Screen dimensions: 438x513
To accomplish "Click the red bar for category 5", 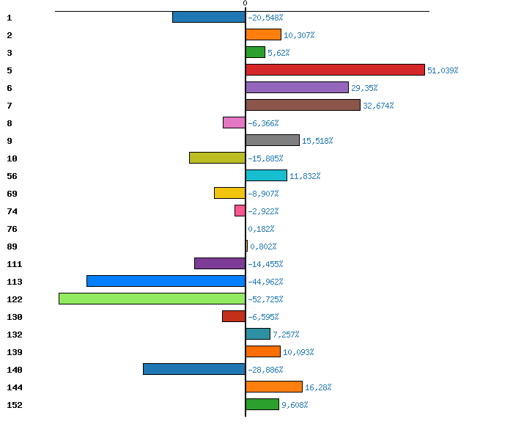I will point(335,70).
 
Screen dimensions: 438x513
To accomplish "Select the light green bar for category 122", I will point(152,299).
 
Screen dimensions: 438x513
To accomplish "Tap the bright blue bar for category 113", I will point(166,281).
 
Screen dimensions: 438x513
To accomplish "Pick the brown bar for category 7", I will point(303,105).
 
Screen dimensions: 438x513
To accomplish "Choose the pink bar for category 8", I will point(234,123).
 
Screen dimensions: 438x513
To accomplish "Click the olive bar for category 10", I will point(217,158).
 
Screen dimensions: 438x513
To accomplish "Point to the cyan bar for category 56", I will point(266,175).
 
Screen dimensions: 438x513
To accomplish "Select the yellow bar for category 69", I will point(229,193).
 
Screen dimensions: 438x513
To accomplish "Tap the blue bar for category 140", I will point(194,369).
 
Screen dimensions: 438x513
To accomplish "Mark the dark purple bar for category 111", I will point(220,263).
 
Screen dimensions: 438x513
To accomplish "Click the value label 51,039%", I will point(443,70).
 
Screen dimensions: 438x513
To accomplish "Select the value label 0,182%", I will point(261,229).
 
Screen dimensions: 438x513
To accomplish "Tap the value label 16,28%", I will point(321,387).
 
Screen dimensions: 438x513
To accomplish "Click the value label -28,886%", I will point(265,370).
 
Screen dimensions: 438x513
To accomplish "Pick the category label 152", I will point(14,405).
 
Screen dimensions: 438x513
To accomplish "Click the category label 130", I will point(14,317).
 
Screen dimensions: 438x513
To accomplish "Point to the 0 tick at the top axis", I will point(245,4).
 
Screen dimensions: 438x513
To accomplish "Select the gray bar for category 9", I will point(273,140).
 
